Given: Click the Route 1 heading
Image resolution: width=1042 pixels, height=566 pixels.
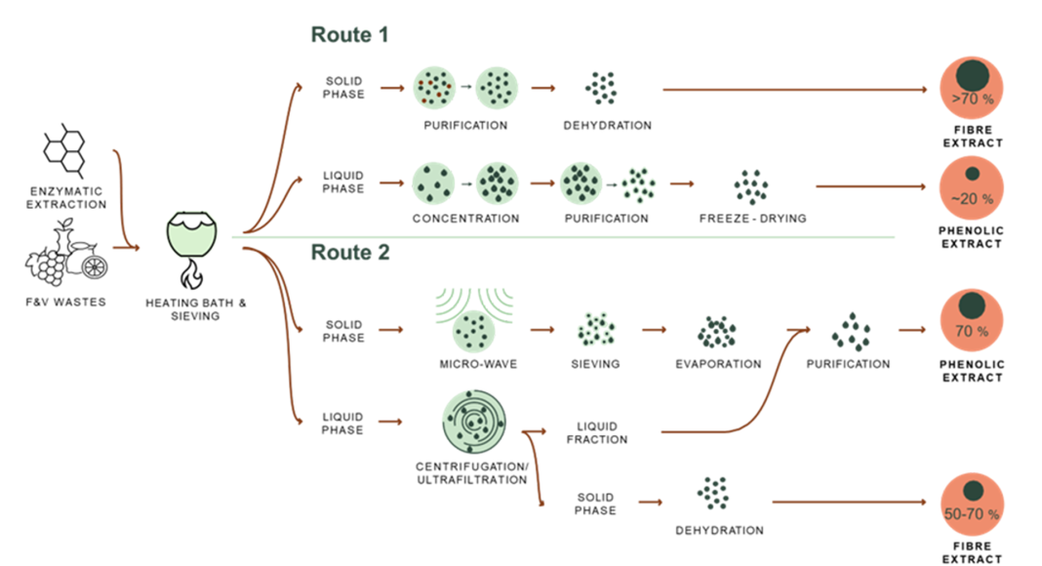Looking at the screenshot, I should pos(349,35).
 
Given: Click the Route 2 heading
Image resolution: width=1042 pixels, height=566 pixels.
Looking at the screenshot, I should pos(350,253).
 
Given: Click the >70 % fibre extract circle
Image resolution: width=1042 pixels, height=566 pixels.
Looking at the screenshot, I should pos(971,86).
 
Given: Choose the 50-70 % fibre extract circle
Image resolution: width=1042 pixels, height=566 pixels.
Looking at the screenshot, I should pos(971,503).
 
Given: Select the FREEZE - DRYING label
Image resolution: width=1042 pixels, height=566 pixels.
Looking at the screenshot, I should pos(752,219).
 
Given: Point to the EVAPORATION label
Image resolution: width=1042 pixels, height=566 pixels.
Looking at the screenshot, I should pos(718,364).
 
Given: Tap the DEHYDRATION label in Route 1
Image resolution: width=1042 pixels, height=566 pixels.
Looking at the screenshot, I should pos(607,125).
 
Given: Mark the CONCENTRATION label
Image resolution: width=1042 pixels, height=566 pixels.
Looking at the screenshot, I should pos(465,219).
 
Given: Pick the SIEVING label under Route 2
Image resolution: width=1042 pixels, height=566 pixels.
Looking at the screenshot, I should pos(595,364).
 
